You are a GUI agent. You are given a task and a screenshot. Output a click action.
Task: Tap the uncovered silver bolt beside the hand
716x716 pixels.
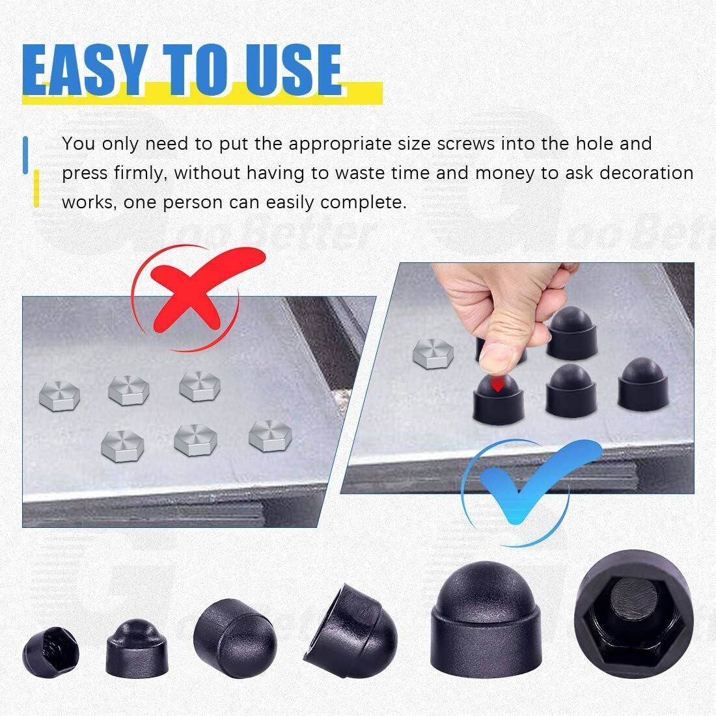click(433, 354)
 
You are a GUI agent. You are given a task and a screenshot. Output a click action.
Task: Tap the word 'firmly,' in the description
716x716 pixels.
click(140, 174)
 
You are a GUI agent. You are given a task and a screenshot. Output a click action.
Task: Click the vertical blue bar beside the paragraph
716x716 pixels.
click(25, 155)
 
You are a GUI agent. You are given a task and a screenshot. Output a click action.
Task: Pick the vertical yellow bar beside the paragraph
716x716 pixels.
click(36, 189)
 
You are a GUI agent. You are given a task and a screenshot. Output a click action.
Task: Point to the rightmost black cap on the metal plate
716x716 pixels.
click(643, 385)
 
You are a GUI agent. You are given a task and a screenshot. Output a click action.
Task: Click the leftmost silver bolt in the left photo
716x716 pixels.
click(60, 396)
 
